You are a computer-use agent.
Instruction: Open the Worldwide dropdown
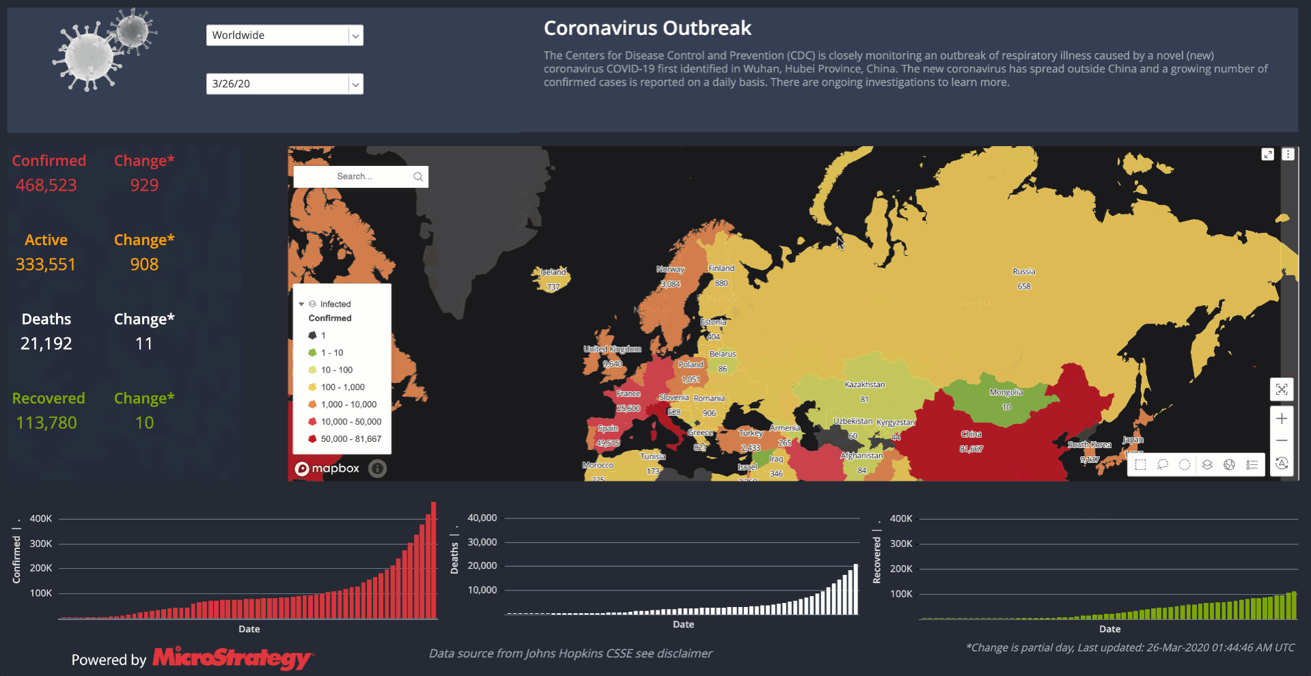(284, 36)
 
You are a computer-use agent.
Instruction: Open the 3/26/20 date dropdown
(284, 84)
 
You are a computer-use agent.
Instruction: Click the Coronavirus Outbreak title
(647, 28)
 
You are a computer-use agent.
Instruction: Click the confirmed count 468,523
(46, 185)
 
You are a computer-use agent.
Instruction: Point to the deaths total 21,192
(46, 343)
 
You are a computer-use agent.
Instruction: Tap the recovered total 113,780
(46, 423)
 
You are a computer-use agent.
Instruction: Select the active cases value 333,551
(46, 264)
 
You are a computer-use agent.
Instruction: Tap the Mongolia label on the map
(1006, 393)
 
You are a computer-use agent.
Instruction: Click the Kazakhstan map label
(864, 384)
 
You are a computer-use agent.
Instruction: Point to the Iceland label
(553, 272)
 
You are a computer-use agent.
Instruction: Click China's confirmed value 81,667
(971, 449)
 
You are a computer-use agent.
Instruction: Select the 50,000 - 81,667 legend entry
(350, 439)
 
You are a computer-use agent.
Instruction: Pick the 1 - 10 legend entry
(332, 353)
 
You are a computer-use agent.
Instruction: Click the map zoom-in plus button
(1282, 419)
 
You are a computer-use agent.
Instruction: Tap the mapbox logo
(327, 468)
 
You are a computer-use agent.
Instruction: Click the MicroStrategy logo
(232, 658)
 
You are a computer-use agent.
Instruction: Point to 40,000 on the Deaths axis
(482, 518)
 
